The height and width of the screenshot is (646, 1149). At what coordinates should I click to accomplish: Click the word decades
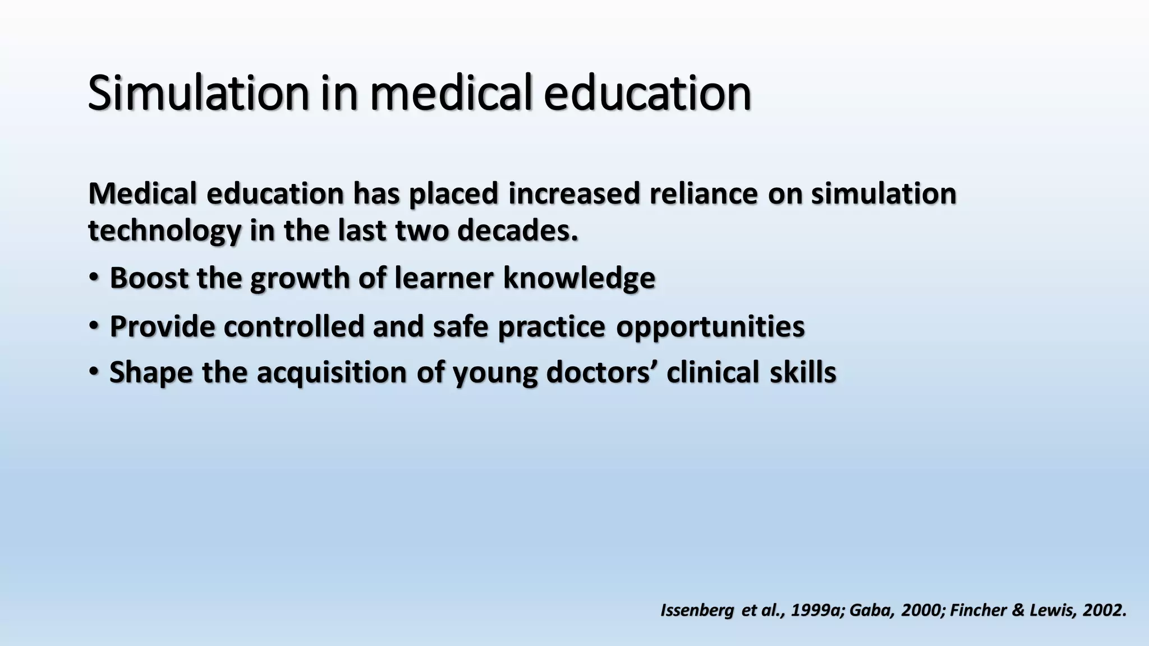coord(517,231)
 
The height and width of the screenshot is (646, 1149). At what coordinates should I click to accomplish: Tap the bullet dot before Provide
coord(94,325)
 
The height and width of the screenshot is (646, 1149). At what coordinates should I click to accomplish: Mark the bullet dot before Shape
coord(94,371)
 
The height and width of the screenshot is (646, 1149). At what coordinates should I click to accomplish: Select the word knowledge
coord(579,278)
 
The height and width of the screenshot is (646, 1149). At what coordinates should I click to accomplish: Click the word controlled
coord(294,326)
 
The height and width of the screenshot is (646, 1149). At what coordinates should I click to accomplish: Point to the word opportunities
coord(710,326)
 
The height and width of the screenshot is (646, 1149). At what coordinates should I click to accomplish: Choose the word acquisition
coord(332,372)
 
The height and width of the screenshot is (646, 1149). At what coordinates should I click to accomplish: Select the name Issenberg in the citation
coord(696,610)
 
